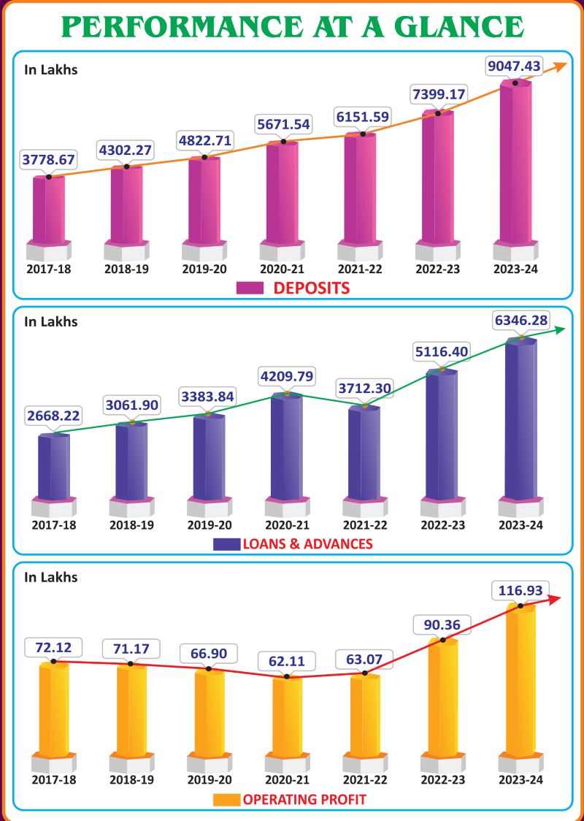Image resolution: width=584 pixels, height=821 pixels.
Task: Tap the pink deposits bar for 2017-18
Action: point(49,212)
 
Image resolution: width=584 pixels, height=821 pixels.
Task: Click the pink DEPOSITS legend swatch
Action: point(250,288)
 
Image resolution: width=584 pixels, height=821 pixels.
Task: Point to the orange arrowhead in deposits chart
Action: point(560,66)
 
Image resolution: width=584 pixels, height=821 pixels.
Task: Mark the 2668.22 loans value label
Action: point(53,416)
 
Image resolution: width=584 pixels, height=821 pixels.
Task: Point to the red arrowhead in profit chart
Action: point(556,598)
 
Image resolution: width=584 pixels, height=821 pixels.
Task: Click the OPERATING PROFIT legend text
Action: point(304,799)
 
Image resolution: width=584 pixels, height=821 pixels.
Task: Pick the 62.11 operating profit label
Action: point(287,661)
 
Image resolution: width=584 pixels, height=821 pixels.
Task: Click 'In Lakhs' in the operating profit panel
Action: point(50,577)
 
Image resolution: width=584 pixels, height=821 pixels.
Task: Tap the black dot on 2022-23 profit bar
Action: point(443,641)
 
